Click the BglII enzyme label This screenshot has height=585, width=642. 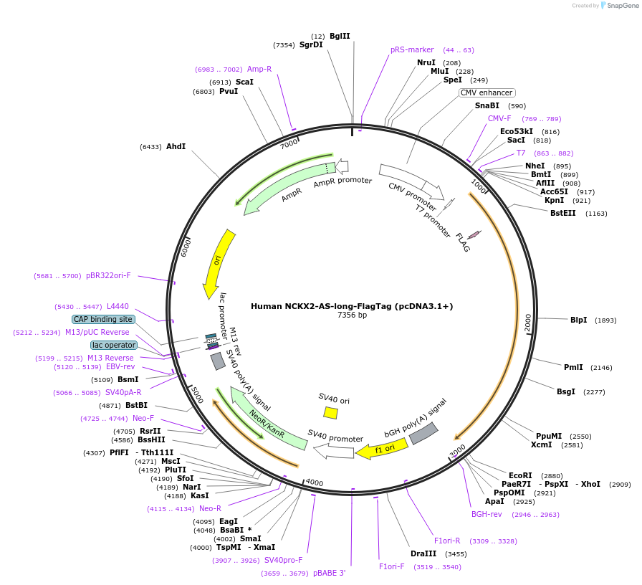coord(340,36)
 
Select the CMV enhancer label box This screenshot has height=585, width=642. coord(487,92)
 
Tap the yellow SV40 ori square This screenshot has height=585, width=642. coord(330,412)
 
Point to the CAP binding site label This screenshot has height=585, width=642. coord(103,319)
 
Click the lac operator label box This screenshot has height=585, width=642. coord(113,345)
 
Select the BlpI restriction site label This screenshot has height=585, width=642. coord(578,320)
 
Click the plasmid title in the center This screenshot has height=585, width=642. coord(352,306)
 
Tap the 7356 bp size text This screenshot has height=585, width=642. coord(352,315)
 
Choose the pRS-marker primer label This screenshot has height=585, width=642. coord(412,50)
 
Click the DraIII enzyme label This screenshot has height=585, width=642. coord(423,553)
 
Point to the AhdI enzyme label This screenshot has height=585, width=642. coord(176,146)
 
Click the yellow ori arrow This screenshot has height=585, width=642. coord(218,262)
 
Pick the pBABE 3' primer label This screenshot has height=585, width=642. coord(330,573)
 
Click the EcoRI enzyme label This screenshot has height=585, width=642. coord(520,475)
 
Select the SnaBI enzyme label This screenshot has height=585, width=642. coord(487,105)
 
